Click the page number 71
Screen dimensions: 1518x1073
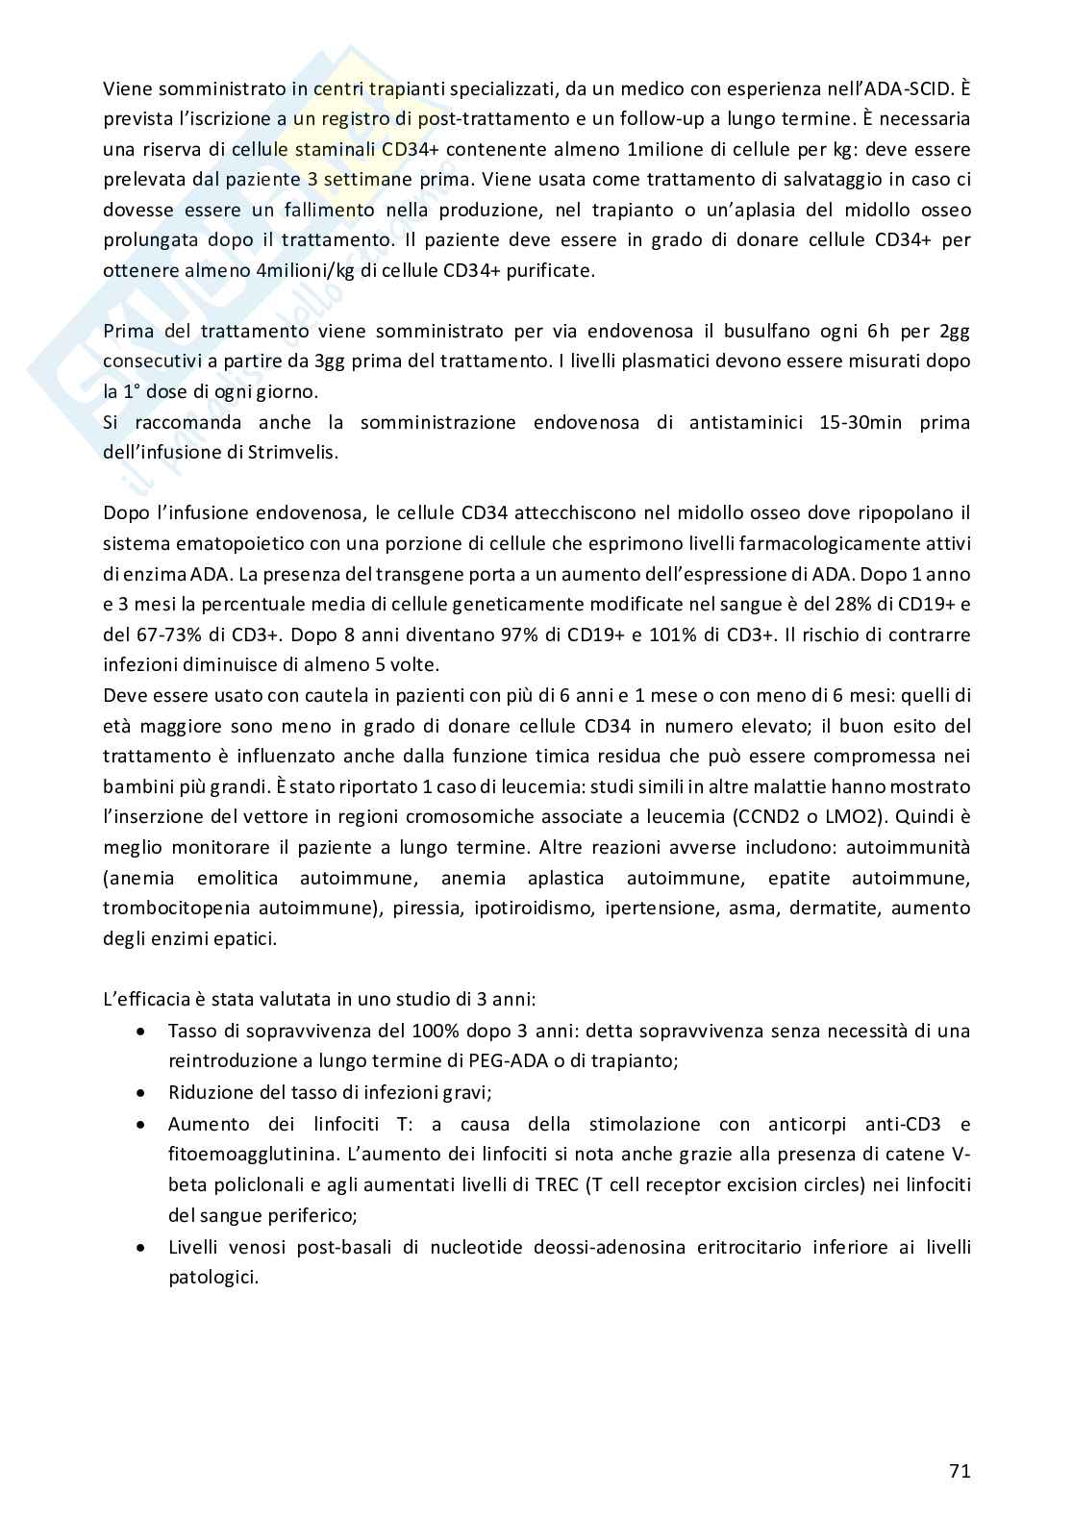tap(959, 1471)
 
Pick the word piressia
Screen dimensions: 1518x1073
tap(422, 907)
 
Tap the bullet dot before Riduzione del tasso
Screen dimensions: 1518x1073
tap(141, 1093)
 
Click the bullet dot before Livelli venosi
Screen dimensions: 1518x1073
tap(141, 1247)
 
